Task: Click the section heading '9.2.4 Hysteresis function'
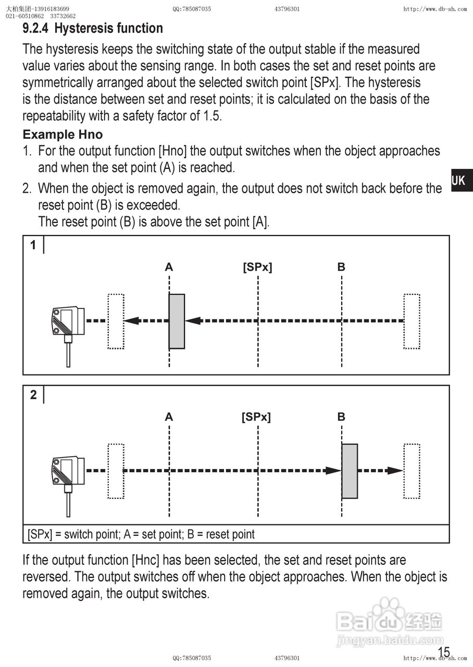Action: (93, 28)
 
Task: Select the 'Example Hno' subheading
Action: (63, 134)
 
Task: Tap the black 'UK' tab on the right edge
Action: (459, 181)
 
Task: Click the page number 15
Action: (444, 651)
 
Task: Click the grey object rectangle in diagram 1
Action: (177, 321)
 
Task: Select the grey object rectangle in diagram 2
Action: (350, 471)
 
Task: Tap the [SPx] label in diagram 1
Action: (257, 267)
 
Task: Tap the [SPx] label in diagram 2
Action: (256, 417)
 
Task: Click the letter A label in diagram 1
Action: (169, 267)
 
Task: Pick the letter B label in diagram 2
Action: (341, 417)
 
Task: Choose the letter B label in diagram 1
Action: (341, 267)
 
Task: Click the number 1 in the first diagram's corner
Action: (33, 245)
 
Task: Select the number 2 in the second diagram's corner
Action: (33, 395)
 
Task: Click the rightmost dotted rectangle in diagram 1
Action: (412, 321)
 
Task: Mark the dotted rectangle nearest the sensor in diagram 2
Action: (116, 471)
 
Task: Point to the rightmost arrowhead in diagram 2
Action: (395, 471)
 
